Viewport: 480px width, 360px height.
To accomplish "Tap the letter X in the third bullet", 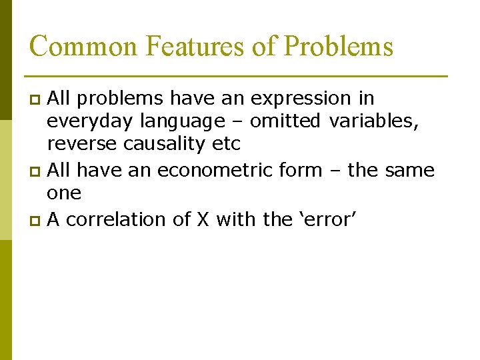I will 203,219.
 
